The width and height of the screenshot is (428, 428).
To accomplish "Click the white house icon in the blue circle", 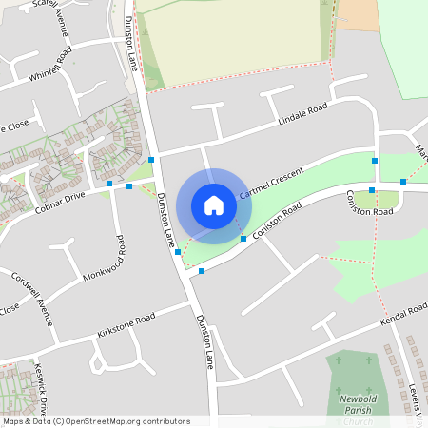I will [x=214, y=205].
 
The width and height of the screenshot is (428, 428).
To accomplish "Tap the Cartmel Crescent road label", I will [x=271, y=182].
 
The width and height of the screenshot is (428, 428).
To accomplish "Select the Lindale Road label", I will [x=302, y=114].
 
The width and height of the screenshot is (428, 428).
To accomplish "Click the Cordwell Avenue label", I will [x=32, y=298].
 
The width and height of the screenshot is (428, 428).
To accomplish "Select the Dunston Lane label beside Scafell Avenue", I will [x=132, y=43].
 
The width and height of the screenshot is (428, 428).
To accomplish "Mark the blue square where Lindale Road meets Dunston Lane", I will [x=152, y=160].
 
